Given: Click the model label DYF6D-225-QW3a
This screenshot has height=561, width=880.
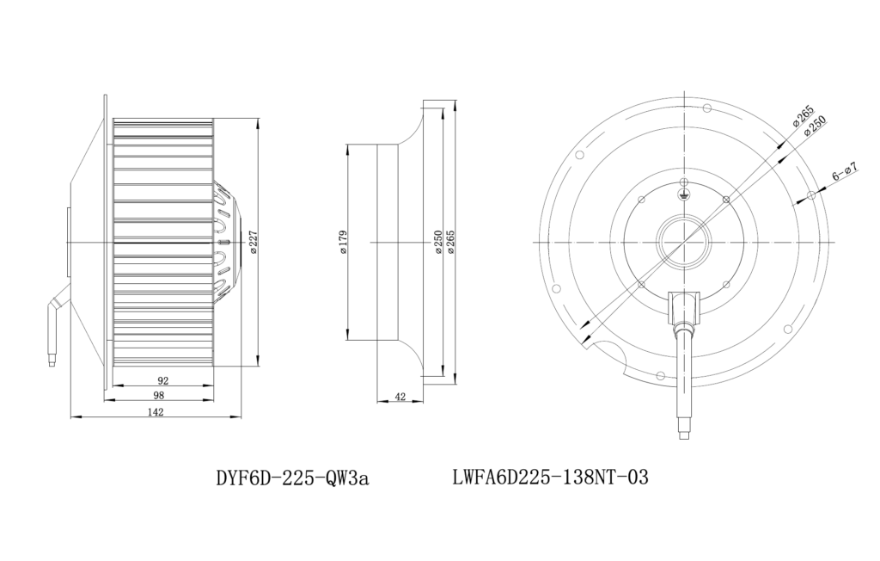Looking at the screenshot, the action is pyautogui.click(x=292, y=478).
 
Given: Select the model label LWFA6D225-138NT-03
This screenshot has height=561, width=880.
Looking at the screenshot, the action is pyautogui.click(x=550, y=478).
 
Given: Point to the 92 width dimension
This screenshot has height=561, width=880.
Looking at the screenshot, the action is pyautogui.click(x=163, y=380).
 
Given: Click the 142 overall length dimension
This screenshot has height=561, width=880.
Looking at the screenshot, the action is pyautogui.click(x=156, y=412).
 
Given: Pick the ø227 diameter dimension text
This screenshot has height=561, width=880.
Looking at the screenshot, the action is pyautogui.click(x=254, y=242).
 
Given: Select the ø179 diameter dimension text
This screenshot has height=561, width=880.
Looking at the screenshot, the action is pyautogui.click(x=344, y=242).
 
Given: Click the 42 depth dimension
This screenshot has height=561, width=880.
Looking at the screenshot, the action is pyautogui.click(x=400, y=397).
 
